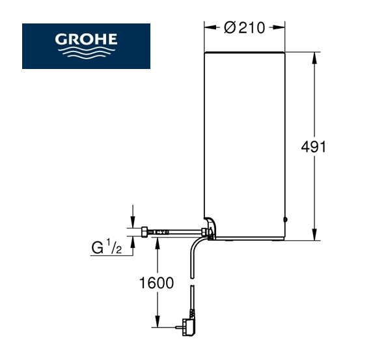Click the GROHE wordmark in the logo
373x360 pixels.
click(x=86, y=39)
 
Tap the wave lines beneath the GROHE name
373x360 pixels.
click(x=87, y=52)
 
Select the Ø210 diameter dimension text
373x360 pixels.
click(x=245, y=28)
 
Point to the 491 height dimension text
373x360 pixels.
click(x=314, y=147)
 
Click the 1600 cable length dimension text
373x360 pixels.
click(x=156, y=283)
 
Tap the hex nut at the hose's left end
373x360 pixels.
click(x=145, y=232)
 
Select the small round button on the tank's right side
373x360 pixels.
click(x=286, y=219)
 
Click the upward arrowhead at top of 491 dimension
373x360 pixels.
click(x=314, y=58)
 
